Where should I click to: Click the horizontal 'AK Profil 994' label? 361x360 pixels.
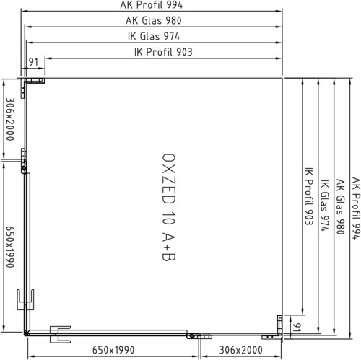[152, 5]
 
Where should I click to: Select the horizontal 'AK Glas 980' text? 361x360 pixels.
[154, 20]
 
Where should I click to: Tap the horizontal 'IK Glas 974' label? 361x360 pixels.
[154, 36]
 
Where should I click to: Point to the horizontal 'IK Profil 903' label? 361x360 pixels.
[163, 52]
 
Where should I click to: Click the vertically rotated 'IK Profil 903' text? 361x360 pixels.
[309, 196]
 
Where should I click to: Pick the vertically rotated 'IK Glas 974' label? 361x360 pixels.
[325, 205]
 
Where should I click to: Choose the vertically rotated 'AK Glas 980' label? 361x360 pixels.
[340, 206]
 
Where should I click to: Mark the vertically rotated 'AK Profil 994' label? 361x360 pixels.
[356, 208]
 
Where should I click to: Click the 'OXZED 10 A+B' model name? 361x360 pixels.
[169, 207]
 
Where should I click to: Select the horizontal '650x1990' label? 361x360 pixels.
[113, 350]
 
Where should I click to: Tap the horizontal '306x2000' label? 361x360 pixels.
[240, 350]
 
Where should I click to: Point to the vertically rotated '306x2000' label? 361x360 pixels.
[10, 119]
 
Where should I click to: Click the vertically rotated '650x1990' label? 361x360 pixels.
[10, 247]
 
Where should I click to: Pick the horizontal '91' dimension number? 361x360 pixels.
[33, 62]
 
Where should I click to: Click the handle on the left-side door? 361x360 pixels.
[25, 299]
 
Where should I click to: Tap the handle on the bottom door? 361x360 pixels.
[60, 335]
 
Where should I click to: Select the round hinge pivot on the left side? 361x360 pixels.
[24, 168]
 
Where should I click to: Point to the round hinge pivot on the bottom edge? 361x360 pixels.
[192, 336]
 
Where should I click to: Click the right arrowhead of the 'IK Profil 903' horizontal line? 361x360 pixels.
[279, 58]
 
